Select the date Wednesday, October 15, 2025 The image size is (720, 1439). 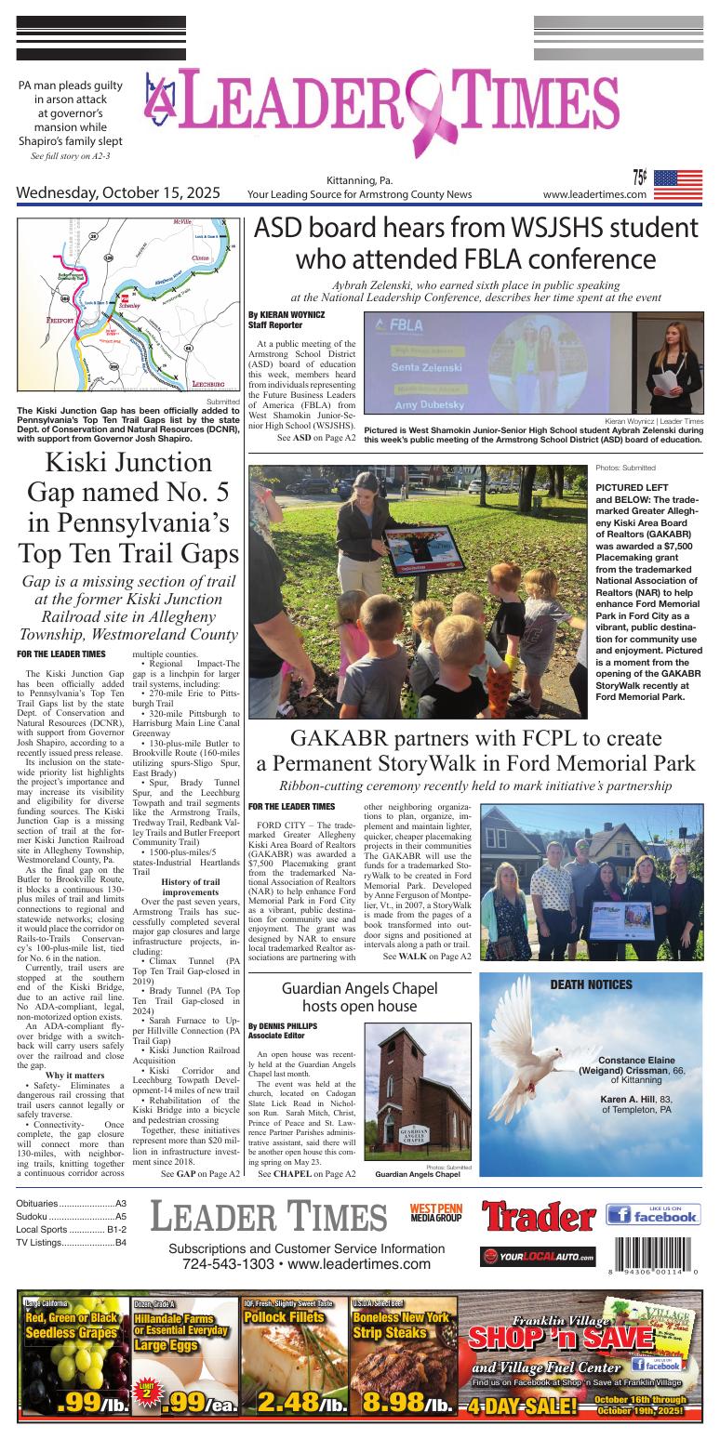tap(118, 193)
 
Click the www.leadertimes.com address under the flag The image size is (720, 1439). tap(594, 194)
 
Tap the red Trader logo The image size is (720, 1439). tap(539, 1216)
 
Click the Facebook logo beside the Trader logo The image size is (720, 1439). tap(653, 1214)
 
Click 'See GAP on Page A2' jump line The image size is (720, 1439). tap(201, 1174)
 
